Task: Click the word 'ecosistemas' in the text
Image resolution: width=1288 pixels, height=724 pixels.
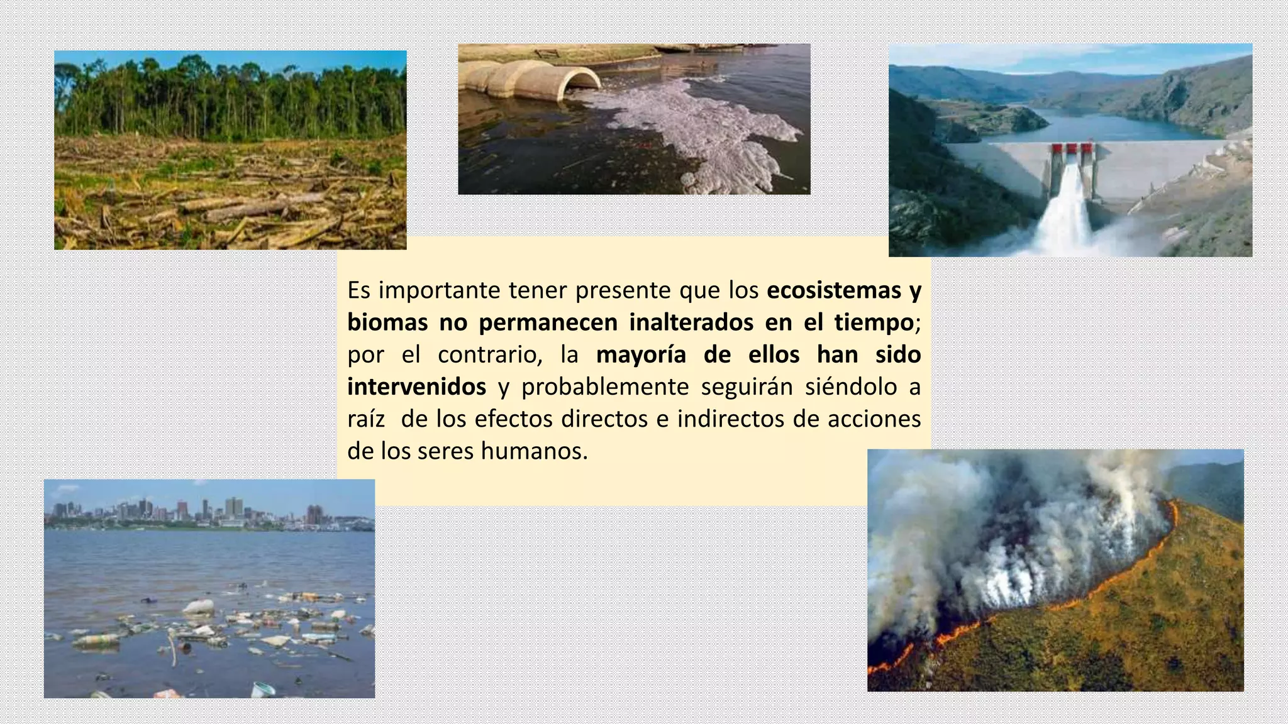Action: (x=834, y=290)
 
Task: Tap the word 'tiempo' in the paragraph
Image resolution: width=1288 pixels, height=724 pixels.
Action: (x=874, y=322)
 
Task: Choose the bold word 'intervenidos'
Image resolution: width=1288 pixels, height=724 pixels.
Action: (x=416, y=387)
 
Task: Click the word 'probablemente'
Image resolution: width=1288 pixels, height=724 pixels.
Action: (x=605, y=387)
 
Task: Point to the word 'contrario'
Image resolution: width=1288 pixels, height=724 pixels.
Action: (x=489, y=355)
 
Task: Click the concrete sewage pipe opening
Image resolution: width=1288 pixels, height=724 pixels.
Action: (x=582, y=82)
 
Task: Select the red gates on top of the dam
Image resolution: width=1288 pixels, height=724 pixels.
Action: (x=1072, y=149)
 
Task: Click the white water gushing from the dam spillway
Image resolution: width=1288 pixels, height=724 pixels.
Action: (x=1069, y=214)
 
